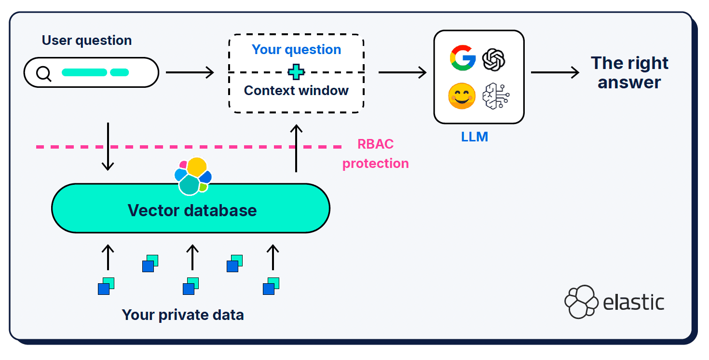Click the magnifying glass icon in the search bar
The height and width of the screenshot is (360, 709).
point(44,73)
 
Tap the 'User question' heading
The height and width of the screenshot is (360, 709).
point(87,41)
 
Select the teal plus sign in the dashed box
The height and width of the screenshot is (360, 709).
point(296,72)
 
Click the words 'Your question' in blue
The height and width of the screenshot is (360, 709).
point(296,50)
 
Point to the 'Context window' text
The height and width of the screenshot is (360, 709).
point(296,91)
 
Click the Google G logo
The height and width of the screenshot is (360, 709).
point(463,58)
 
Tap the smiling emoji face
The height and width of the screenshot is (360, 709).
point(462,96)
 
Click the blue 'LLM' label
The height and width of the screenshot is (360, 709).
point(475,137)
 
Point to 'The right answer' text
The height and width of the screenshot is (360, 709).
point(629,72)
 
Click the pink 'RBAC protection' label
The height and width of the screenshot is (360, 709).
point(375,154)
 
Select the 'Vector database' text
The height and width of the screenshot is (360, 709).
point(192,210)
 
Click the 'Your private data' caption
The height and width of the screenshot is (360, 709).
point(183,315)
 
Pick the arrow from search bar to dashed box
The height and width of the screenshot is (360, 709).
point(190,73)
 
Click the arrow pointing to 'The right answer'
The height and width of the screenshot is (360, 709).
point(555,73)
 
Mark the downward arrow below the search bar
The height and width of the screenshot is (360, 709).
point(108,146)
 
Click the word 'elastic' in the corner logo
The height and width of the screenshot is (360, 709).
point(634,302)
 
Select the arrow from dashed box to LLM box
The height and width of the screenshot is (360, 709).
point(402,73)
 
